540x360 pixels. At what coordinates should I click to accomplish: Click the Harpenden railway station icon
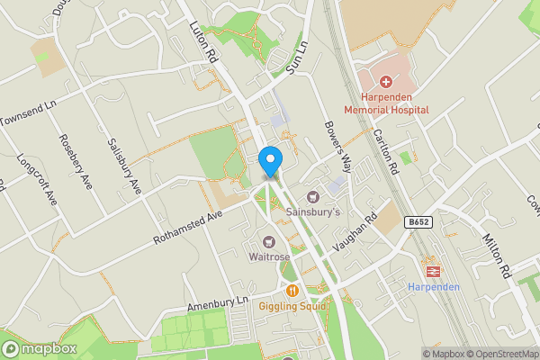[x=433, y=269]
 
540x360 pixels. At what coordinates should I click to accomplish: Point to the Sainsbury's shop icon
[x=313, y=196]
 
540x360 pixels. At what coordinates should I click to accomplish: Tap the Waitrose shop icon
[x=269, y=240]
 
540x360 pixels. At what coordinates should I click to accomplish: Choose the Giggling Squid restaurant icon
[x=292, y=290]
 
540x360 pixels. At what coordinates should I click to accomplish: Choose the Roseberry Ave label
[x=75, y=160]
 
